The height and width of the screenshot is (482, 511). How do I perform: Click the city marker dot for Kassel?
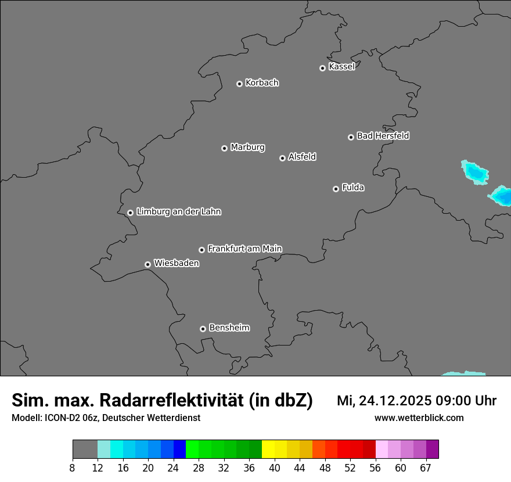pos(322,68)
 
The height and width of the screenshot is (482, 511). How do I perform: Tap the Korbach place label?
pos(262,83)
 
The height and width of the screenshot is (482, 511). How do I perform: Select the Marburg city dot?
pos(224,148)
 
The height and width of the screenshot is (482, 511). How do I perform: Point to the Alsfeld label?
pos(302,157)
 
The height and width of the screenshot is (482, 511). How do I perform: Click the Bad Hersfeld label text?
pos(383,136)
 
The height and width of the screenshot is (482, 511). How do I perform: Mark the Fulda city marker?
pos(336,189)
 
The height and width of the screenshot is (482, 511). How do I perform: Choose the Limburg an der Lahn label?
pos(178,212)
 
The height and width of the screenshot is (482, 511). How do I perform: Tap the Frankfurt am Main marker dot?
pos(201,250)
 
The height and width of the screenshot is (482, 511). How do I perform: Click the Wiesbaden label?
pos(176,264)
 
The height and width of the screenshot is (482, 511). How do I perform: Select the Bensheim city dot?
pos(203,329)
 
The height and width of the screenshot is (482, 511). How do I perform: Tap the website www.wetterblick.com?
pos(419,418)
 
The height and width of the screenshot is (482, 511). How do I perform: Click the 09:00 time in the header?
pos(458,401)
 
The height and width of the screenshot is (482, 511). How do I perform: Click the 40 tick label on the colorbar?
pos(275,468)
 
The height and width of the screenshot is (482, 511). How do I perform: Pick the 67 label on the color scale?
pos(426,468)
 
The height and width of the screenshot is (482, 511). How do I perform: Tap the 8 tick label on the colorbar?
pos(73,468)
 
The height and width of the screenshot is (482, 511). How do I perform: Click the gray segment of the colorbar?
pos(85,449)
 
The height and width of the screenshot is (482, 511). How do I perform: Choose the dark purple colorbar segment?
pos(433,449)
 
